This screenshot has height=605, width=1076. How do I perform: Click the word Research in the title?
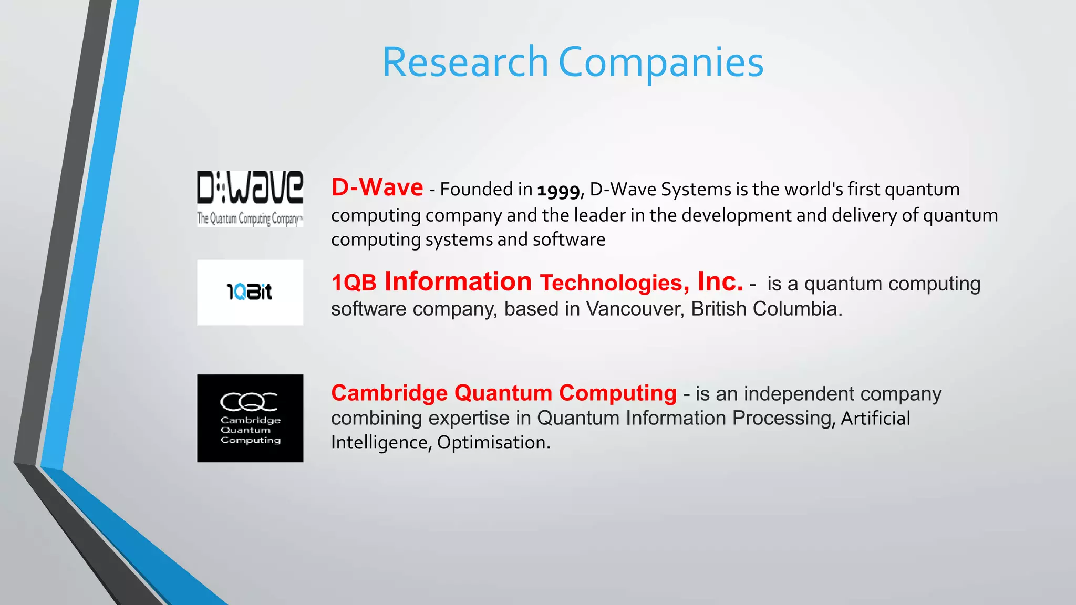465,62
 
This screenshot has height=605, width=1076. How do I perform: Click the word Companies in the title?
660,62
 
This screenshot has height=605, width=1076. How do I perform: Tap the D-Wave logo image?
250,199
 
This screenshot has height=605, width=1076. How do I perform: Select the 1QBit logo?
250,292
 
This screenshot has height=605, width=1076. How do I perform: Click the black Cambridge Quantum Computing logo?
250,418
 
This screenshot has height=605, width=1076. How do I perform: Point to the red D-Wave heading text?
377,187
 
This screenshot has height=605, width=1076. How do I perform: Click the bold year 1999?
558,190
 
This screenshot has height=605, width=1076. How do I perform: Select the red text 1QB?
354,283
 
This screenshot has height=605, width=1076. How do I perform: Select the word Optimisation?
493,442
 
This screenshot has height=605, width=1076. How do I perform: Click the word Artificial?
875,418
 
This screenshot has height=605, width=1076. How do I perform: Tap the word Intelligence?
379,443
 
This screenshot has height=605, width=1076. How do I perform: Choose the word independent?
799,394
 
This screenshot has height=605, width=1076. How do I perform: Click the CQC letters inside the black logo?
249,402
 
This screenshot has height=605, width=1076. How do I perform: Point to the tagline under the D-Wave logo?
250,218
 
